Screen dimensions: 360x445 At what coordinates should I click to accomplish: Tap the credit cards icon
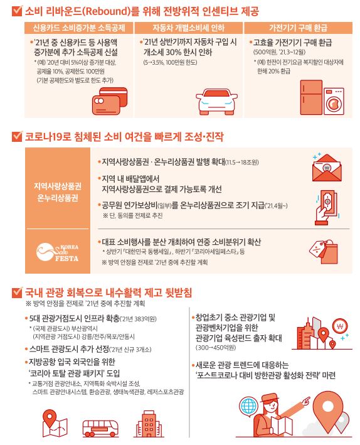[110, 101]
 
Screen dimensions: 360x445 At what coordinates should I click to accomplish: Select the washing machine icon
[334, 101]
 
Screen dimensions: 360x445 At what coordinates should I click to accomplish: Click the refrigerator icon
[311, 97]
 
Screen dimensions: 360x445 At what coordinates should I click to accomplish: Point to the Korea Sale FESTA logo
[57, 252]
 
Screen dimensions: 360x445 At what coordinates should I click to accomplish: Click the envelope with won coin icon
[327, 168]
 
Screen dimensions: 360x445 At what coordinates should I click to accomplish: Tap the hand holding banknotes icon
[327, 208]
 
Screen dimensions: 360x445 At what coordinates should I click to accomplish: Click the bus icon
[100, 428]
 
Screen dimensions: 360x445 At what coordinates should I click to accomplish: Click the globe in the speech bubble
[249, 406]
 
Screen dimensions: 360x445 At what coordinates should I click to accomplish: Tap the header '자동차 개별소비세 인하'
[188, 28]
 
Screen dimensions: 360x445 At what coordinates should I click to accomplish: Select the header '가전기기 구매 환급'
[298, 28]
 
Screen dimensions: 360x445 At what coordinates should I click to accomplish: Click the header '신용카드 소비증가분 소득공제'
[79, 28]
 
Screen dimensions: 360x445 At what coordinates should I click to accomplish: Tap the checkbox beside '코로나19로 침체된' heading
[17, 136]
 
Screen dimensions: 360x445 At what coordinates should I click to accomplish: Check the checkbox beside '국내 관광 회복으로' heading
[17, 292]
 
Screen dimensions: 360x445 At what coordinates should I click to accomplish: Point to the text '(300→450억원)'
[216, 347]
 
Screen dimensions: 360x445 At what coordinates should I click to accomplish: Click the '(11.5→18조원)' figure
[242, 163]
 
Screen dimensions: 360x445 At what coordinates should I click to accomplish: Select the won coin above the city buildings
[339, 326]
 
